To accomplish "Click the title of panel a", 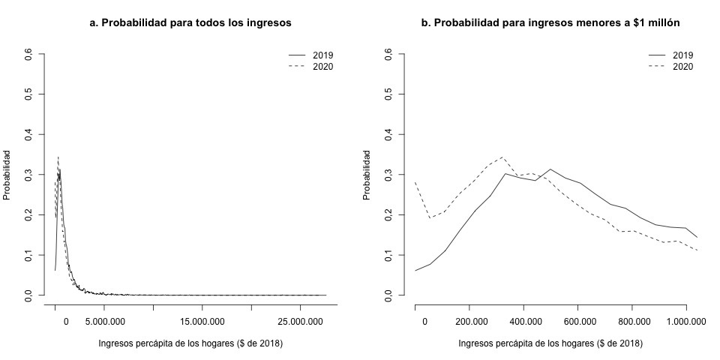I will [x=190, y=23].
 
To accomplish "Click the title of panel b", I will [x=550, y=23].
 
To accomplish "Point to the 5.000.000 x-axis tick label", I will [x=104, y=322].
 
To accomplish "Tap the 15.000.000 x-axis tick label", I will [x=202, y=322].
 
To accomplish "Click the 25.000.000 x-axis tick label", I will [x=301, y=322].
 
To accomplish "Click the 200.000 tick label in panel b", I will [x=469, y=322].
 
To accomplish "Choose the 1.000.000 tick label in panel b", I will [x=687, y=322].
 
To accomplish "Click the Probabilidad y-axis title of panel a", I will [x=7, y=175].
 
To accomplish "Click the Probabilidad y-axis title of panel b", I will [x=367, y=175].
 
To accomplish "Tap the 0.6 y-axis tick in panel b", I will [x=389, y=54].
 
